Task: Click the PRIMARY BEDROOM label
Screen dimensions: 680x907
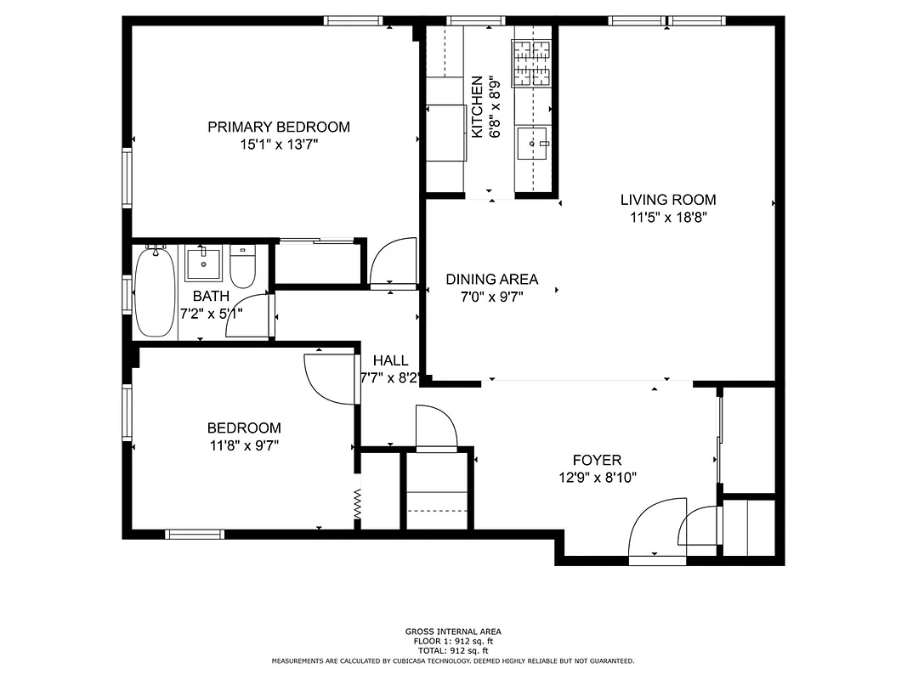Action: click(279, 127)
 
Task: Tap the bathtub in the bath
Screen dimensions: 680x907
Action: click(156, 292)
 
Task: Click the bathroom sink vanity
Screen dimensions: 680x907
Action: click(203, 263)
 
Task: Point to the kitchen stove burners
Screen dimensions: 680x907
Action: click(530, 64)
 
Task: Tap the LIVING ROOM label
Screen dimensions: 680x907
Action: click(667, 201)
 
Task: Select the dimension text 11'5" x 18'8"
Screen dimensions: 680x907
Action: click(668, 218)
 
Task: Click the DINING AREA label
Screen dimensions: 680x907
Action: click(491, 279)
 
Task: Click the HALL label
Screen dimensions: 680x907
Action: click(390, 360)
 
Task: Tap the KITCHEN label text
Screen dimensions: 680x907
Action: click(478, 107)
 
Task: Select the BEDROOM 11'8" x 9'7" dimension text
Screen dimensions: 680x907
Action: click(244, 445)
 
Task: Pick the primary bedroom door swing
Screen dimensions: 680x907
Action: click(394, 262)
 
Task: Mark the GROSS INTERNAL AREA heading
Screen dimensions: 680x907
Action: click(453, 632)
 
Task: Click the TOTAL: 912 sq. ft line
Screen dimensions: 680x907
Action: click(453, 650)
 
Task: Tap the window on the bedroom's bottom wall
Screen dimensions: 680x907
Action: click(195, 534)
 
